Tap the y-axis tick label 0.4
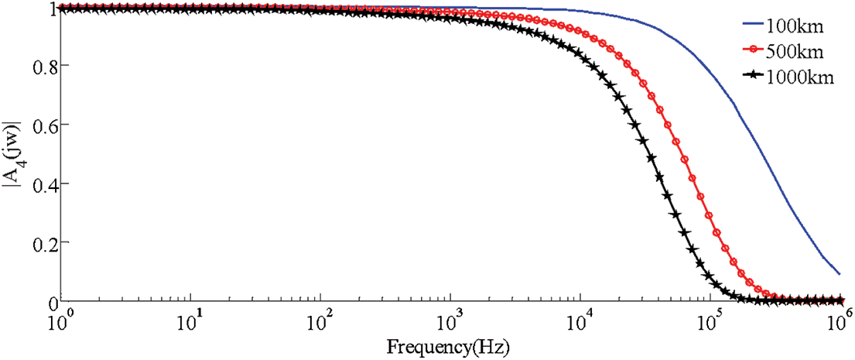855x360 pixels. tap(40, 184)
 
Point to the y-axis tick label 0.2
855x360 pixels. tap(40, 242)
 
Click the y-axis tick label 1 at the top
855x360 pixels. tap(47, 9)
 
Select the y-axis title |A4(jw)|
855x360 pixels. tap(12, 156)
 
